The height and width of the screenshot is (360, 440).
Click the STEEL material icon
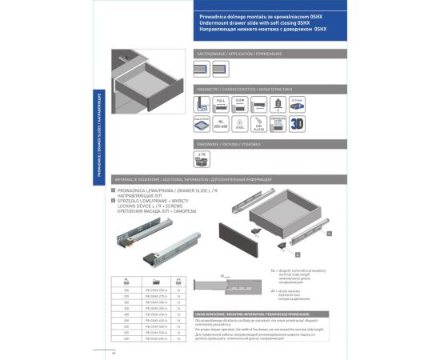pyautogui.click(x=239, y=124)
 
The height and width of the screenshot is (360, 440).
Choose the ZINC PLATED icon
pyautogui.click(x=258, y=124)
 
